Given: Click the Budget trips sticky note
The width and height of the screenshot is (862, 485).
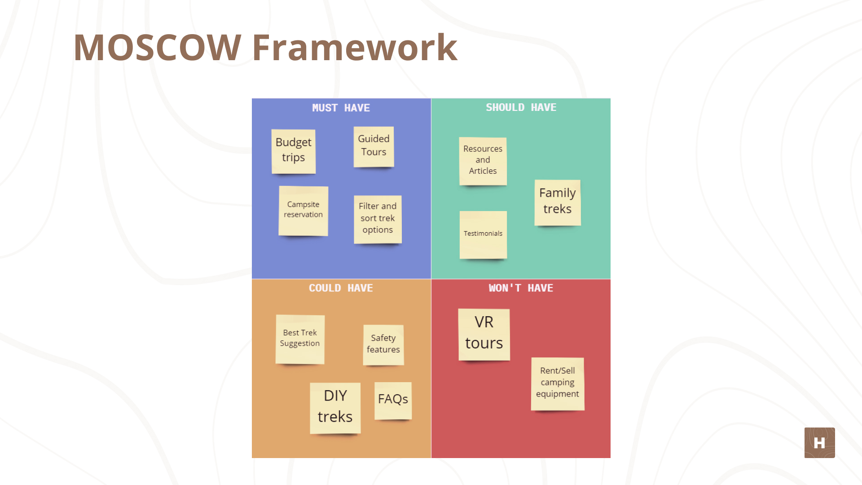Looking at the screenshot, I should point(294,151).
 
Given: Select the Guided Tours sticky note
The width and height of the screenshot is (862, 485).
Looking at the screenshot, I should point(374,146).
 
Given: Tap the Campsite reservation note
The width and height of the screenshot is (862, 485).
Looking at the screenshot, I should point(303,211).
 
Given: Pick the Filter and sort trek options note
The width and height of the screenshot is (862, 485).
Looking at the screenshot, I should point(378,219).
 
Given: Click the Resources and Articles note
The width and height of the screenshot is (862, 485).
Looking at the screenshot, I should point(483,161).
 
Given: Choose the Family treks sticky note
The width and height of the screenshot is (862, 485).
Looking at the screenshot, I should point(558,202).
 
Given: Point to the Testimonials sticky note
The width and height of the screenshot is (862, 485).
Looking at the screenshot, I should point(483,234).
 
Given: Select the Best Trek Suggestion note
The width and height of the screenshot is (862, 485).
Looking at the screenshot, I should point(300,339).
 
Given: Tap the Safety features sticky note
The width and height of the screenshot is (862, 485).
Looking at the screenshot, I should point(383,344).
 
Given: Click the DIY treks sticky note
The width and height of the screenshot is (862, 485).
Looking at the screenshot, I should point(335,407).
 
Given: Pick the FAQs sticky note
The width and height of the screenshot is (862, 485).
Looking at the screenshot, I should point(393,400).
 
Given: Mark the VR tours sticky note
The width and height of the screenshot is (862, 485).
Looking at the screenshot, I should point(484,334).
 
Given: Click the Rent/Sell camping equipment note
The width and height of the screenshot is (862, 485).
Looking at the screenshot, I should point(558,384).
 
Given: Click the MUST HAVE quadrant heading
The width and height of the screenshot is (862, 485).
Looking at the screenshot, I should point(341,108).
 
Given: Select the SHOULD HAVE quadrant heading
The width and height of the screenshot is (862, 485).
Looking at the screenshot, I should point(521,107).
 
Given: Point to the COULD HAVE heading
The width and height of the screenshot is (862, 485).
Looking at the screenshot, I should point(341,288).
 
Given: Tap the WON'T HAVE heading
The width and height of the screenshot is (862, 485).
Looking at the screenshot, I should point(521,288).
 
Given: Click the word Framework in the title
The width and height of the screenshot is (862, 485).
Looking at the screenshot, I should point(355,47).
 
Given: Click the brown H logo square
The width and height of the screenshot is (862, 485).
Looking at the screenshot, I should point(819,443).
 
